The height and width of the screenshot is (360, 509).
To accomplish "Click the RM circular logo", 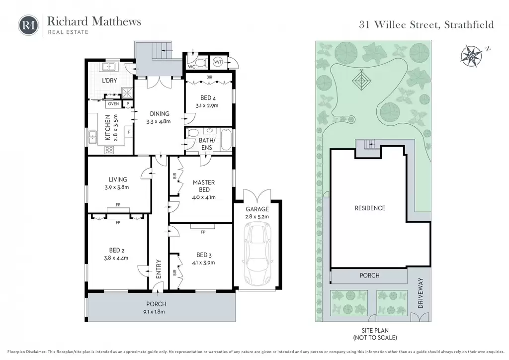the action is (x=28, y=25).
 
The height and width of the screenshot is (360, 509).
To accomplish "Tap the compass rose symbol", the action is (x=471, y=56).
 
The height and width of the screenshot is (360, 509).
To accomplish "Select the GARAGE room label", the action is (x=257, y=209).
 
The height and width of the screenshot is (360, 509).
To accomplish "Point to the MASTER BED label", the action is (x=203, y=186).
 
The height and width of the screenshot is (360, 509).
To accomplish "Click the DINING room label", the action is (x=160, y=113).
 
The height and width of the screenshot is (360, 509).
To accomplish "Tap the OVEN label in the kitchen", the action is (x=113, y=104).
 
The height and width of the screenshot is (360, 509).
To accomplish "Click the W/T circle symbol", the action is (x=218, y=62).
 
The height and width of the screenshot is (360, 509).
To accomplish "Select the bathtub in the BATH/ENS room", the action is (x=226, y=140).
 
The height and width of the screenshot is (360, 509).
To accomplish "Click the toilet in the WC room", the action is (x=202, y=62).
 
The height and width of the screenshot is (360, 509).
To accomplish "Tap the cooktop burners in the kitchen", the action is (x=109, y=150).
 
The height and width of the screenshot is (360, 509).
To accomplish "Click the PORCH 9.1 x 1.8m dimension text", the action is (x=156, y=312).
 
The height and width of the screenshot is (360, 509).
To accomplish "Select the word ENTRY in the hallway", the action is (x=159, y=269).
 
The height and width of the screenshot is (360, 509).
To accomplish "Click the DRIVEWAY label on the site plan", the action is (x=421, y=293).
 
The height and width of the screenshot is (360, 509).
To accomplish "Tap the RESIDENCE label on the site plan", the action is (x=370, y=208).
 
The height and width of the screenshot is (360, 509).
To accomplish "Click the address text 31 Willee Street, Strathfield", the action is (x=426, y=25).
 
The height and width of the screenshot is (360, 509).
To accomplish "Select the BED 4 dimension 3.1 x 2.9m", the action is (x=207, y=105).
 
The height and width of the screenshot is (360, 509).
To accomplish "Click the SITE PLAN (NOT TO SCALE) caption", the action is (x=375, y=334).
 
